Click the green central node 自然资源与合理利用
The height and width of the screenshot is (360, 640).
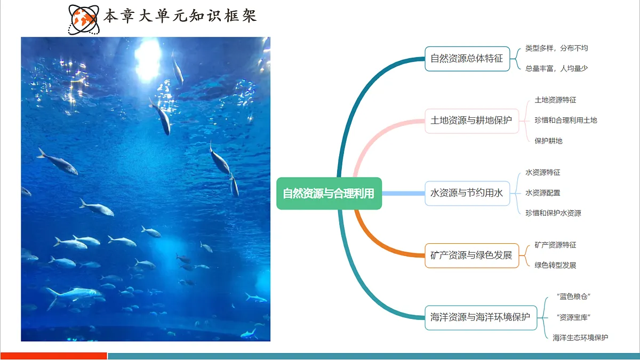(x=329, y=193)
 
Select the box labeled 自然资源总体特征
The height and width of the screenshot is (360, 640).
(x=467, y=58)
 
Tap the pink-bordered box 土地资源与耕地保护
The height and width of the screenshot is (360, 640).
(x=471, y=120)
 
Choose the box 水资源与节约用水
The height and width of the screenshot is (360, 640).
(x=467, y=193)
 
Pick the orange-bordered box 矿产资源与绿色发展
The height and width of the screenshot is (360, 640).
(x=471, y=255)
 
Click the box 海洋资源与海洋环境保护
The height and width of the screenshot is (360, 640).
(x=480, y=317)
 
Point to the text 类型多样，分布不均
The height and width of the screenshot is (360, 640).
(x=556, y=48)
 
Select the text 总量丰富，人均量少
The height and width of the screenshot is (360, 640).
(x=556, y=68)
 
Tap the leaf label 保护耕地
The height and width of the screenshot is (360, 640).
(x=548, y=141)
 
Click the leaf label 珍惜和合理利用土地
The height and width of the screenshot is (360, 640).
(x=565, y=120)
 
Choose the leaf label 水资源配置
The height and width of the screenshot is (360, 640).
(x=542, y=193)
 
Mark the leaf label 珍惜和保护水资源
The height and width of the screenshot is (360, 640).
(x=553, y=213)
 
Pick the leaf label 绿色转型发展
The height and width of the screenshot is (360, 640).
(x=555, y=265)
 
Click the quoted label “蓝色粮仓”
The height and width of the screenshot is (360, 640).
(x=573, y=297)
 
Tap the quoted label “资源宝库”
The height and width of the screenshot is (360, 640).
(x=573, y=317)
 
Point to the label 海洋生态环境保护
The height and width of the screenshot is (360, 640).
(x=580, y=337)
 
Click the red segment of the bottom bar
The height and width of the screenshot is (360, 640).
(x=53, y=356)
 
